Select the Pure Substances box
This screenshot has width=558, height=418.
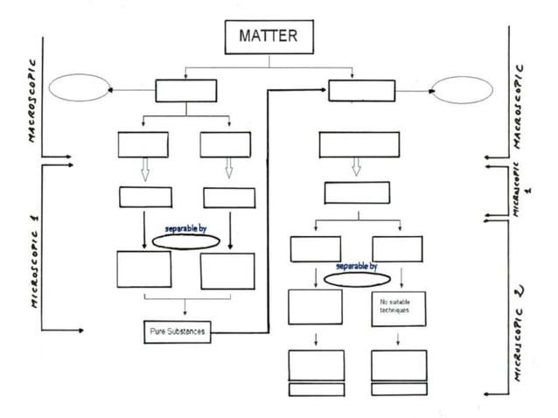point(178,332)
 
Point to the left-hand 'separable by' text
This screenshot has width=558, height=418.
point(185,228)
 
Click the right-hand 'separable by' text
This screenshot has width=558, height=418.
point(357,265)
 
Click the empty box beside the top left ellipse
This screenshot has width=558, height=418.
point(186,90)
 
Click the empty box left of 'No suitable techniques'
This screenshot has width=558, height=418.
point(315,306)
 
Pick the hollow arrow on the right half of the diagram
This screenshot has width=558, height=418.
point(355,166)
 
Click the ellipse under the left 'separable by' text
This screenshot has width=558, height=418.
point(185,240)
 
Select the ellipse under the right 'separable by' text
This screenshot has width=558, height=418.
point(356,277)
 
